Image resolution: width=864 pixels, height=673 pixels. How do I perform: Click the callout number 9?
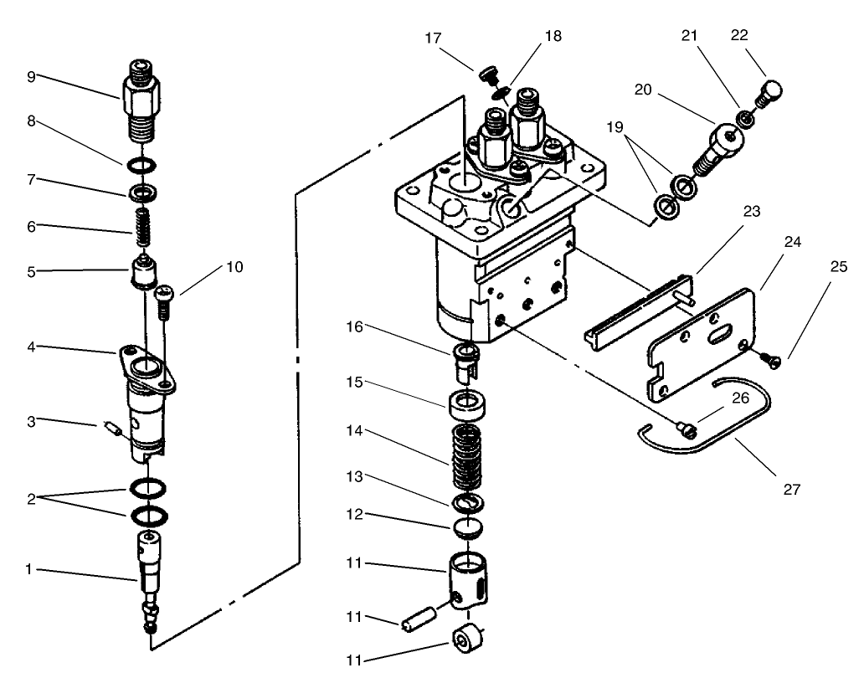coord(31,76)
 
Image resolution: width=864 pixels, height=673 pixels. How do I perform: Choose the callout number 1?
coord(31,569)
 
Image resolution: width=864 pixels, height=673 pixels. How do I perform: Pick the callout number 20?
coord(643,90)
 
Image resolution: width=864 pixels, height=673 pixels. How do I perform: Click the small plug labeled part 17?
coord(487,76)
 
